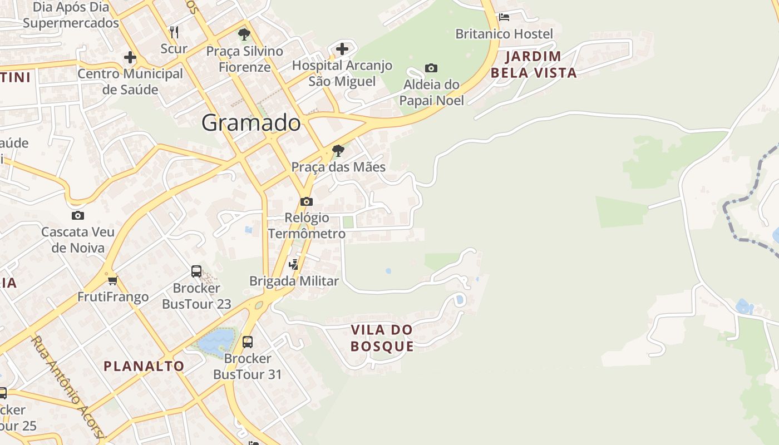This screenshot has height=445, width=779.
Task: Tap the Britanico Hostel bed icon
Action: pyautogui.click(x=504, y=17)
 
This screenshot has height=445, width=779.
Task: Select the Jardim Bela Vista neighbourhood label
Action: pyautogui.click(x=534, y=65)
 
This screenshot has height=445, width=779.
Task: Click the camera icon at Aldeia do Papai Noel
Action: pyautogui.click(x=431, y=68)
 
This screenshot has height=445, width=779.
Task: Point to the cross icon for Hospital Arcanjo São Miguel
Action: pyautogui.click(x=342, y=49)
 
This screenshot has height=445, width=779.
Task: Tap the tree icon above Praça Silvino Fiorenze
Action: pyautogui.click(x=244, y=35)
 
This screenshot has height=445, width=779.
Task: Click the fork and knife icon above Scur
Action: pyautogui.click(x=174, y=32)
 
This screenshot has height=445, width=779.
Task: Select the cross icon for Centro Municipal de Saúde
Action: pyautogui.click(x=130, y=57)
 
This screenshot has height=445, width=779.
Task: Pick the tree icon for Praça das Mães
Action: pyautogui.click(x=338, y=151)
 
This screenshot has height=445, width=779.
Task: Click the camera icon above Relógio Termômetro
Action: pyautogui.click(x=307, y=201)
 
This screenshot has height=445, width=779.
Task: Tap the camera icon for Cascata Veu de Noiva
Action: pyautogui.click(x=78, y=216)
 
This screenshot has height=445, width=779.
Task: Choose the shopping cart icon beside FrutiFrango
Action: pyautogui.click(x=113, y=280)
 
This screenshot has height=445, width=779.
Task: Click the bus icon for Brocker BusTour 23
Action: pyautogui.click(x=196, y=271)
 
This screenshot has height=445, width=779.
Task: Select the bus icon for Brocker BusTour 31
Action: pyautogui.click(x=248, y=342)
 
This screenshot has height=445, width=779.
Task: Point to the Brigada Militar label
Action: pyautogui.click(x=294, y=281)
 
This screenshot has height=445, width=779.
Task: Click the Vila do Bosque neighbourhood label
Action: pyautogui.click(x=382, y=338)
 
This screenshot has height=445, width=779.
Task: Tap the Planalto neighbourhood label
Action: pyautogui.click(x=144, y=366)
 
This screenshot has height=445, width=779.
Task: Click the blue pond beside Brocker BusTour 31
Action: pyautogui.click(x=215, y=341)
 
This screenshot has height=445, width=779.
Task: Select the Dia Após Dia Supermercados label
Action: pyautogui.click(x=71, y=15)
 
